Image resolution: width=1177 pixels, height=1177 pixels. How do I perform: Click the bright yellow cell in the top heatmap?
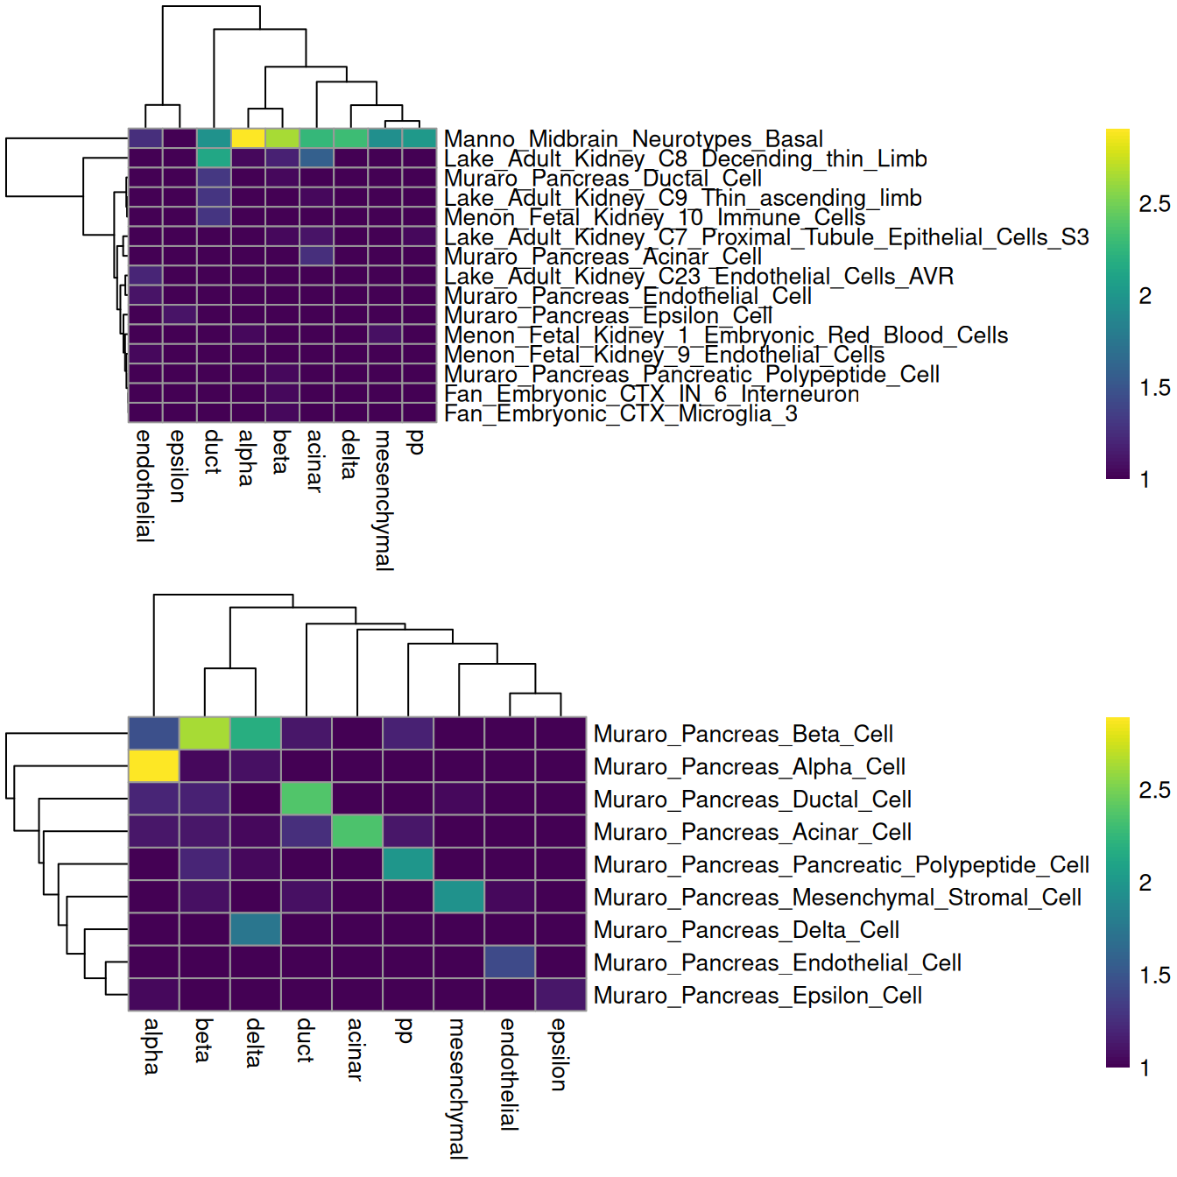pyautogui.click(x=248, y=138)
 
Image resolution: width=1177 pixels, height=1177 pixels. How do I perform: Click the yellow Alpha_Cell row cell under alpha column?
pyautogui.click(x=154, y=766)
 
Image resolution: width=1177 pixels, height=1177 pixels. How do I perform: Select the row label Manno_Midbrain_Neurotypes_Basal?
pyautogui.click(x=633, y=139)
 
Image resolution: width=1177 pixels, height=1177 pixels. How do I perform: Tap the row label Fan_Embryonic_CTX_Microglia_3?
pyautogui.click(x=620, y=414)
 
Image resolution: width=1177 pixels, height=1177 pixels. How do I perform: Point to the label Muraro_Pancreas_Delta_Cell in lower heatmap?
pyautogui.click(x=746, y=930)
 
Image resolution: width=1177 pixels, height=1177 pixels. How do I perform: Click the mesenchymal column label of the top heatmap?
pyautogui.click(x=384, y=500)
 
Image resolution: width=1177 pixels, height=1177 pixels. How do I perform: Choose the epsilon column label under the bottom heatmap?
pyautogui.click(x=560, y=1054)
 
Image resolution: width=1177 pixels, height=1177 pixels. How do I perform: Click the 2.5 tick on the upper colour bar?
pyautogui.click(x=1153, y=204)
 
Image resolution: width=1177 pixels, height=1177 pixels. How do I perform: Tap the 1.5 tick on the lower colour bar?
pyautogui.click(x=1153, y=976)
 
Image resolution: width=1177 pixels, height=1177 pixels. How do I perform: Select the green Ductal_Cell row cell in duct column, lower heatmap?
pyautogui.click(x=307, y=799)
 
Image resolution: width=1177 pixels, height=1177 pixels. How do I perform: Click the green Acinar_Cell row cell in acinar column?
pyautogui.click(x=357, y=831)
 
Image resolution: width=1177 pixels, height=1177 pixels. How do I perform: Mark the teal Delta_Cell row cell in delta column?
pyautogui.click(x=256, y=929)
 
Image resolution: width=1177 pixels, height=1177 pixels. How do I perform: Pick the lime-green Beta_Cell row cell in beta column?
pyautogui.click(x=205, y=733)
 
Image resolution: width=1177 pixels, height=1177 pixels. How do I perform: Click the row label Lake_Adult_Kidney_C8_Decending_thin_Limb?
pyautogui.click(x=685, y=159)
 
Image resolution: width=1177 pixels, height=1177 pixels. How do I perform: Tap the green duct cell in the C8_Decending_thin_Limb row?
pyautogui.click(x=214, y=158)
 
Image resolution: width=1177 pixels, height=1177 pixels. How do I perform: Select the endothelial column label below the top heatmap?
pyautogui.click(x=144, y=486)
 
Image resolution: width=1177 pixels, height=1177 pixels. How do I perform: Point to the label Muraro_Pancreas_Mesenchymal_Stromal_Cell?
pyautogui.click(x=837, y=898)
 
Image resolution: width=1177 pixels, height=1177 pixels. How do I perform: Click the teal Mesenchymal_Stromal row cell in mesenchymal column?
pyautogui.click(x=459, y=897)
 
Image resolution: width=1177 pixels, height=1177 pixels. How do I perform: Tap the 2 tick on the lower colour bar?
pyautogui.click(x=1145, y=883)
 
